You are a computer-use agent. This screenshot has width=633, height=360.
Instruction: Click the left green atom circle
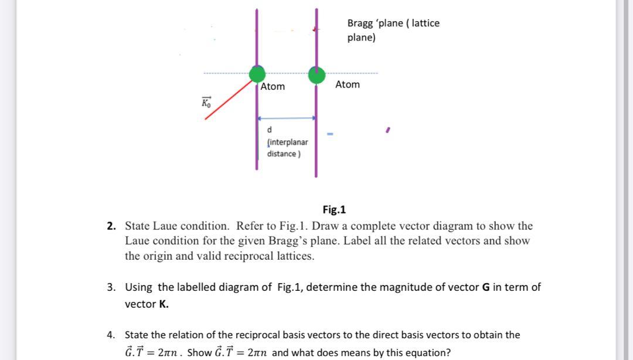tap(257, 74)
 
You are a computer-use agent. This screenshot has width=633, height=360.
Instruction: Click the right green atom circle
tap(316, 75)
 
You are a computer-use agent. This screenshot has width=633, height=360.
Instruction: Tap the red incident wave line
tap(229, 99)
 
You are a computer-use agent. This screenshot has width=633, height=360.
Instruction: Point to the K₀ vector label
tap(205, 103)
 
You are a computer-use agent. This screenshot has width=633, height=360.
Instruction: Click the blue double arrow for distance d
tap(287, 118)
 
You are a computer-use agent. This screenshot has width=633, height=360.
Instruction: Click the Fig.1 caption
tap(334, 209)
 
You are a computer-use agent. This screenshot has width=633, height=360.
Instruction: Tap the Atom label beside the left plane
tap(273, 87)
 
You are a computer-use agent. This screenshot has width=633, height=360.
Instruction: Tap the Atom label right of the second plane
tap(348, 85)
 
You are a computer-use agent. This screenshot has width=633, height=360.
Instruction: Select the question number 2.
tap(111, 226)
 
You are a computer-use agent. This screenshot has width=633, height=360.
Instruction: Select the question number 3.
tap(111, 287)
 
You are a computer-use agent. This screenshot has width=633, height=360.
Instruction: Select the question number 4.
tap(111, 335)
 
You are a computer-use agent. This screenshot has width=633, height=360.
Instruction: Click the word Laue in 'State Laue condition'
tap(166, 226)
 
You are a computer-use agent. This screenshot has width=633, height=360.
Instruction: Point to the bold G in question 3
tap(485, 287)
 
